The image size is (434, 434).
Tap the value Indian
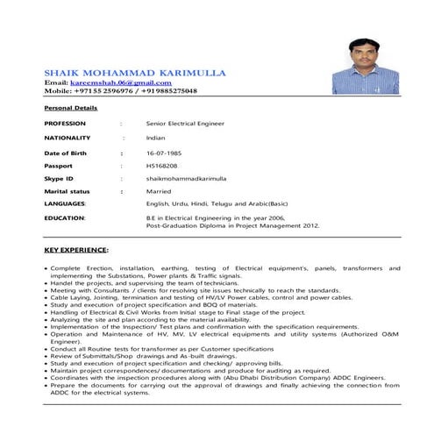155,138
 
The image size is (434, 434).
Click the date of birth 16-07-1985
164,153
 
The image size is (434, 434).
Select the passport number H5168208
162,165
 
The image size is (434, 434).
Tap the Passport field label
58,165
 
